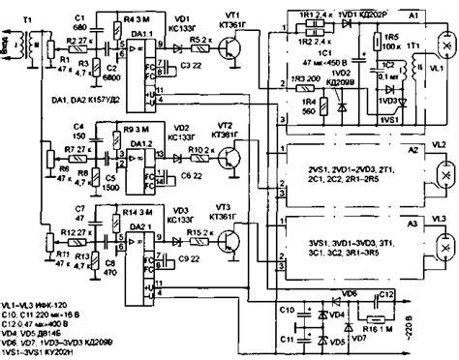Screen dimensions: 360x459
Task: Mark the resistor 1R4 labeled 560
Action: (310, 107)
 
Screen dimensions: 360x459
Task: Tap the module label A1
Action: (413, 17)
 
